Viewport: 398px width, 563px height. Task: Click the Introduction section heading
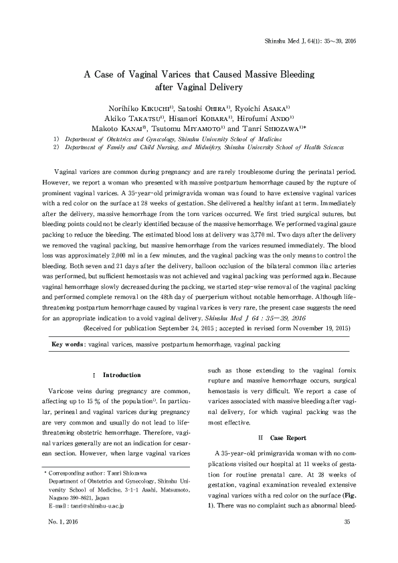point(117,375)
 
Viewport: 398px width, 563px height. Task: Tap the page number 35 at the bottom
point(346,540)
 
